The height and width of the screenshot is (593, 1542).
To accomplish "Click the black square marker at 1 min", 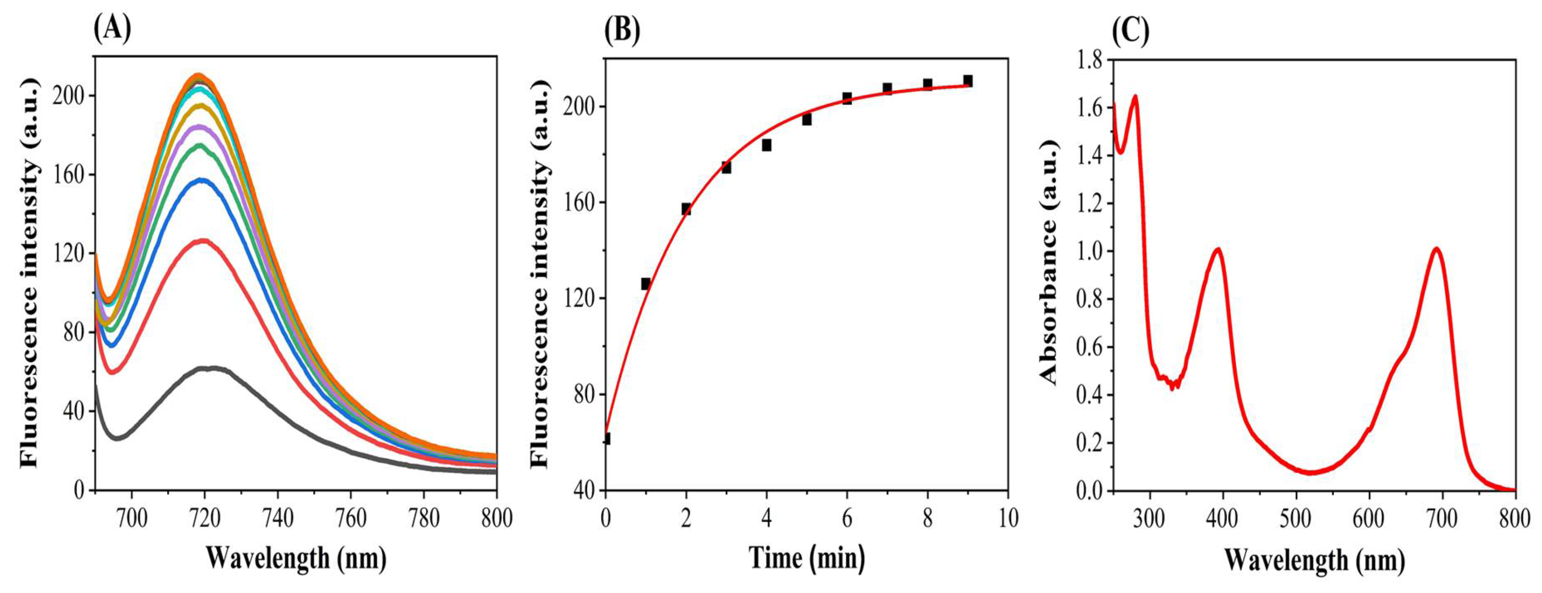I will pyautogui.click(x=646, y=284).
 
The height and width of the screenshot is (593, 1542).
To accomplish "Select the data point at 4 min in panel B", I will pyautogui.click(x=766, y=145).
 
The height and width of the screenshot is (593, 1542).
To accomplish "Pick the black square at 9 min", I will pyautogui.click(x=968, y=81).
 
